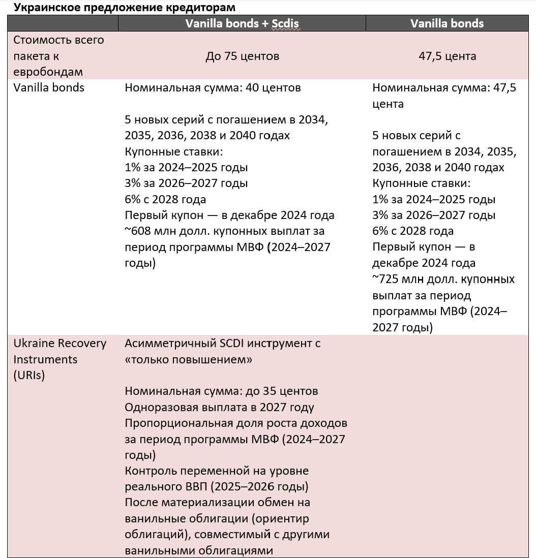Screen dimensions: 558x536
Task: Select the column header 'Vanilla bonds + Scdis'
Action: coord(242,23)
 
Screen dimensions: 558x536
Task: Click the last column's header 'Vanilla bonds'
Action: coord(447,23)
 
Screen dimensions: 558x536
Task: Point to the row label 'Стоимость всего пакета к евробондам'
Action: coord(58,56)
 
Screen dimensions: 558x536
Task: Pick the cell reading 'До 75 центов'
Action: coord(242,56)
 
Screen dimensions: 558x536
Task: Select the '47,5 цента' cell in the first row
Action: coord(447,56)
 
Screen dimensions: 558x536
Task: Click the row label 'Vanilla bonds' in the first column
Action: coord(49,88)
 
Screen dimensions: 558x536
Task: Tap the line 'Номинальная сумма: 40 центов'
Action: coord(213,88)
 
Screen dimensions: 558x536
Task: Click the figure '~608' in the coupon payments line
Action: coord(140,231)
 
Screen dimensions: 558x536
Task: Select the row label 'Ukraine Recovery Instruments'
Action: coord(59,351)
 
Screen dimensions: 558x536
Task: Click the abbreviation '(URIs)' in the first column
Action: coord(29,376)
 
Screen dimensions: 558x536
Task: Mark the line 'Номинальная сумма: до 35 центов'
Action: coord(221,391)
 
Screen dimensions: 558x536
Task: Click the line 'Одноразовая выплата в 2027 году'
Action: coord(219,408)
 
